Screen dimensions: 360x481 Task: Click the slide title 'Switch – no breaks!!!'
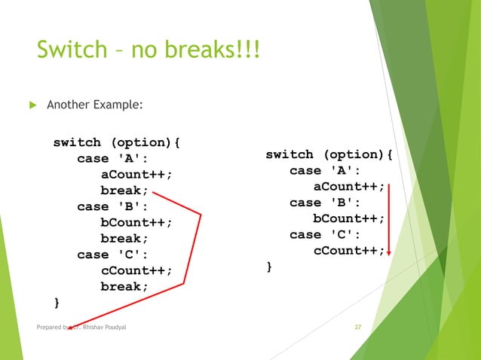pyautogui.click(x=148, y=51)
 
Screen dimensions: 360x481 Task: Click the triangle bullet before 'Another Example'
pyautogui.click(x=31, y=105)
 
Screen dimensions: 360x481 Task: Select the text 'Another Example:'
pyautogui.click(x=94, y=105)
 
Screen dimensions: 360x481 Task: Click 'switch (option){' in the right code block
pyautogui.click(x=329, y=154)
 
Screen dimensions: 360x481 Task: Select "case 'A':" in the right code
pyautogui.click(x=325, y=171)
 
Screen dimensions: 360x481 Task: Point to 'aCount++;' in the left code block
pyautogui.click(x=136, y=175)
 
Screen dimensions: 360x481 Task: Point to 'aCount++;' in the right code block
pyautogui.click(x=348, y=187)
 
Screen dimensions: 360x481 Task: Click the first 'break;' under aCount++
pyautogui.click(x=124, y=191)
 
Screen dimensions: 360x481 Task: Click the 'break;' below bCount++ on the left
pyautogui.click(x=124, y=239)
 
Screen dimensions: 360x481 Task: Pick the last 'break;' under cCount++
pyautogui.click(x=124, y=287)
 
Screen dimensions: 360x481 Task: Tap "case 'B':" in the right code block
pyautogui.click(x=325, y=203)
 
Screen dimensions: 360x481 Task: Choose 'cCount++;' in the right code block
pyautogui.click(x=348, y=250)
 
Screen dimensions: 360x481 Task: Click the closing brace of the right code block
pyautogui.click(x=269, y=267)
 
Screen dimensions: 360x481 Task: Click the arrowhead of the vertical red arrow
pyautogui.click(x=388, y=253)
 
